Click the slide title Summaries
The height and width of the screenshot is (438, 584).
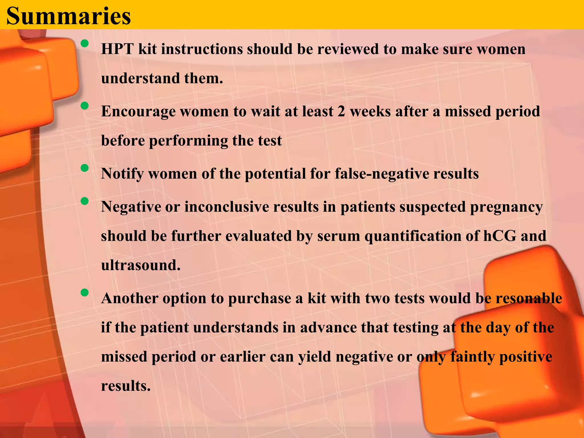pyautogui.click(x=68, y=16)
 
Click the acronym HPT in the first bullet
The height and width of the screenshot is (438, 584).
pyautogui.click(x=117, y=49)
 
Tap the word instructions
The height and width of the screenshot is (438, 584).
pyautogui.click(x=202, y=49)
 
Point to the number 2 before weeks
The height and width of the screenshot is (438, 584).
pyautogui.click(x=341, y=111)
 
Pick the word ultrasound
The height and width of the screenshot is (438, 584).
pyautogui.click(x=141, y=265)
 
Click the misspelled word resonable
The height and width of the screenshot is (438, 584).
pyautogui.click(x=529, y=299)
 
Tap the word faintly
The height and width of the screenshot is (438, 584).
pyautogui.click(x=472, y=357)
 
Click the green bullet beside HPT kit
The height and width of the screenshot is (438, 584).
pyautogui.click(x=84, y=43)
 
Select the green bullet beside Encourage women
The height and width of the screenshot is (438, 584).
pyautogui.click(x=84, y=106)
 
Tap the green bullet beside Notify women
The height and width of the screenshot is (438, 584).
pyautogui.click(x=84, y=168)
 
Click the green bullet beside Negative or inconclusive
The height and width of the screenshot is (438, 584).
pyautogui.click(x=84, y=201)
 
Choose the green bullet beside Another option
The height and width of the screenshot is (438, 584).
pyautogui.click(x=84, y=293)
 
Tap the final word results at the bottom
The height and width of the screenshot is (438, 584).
pyautogui.click(x=125, y=386)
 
